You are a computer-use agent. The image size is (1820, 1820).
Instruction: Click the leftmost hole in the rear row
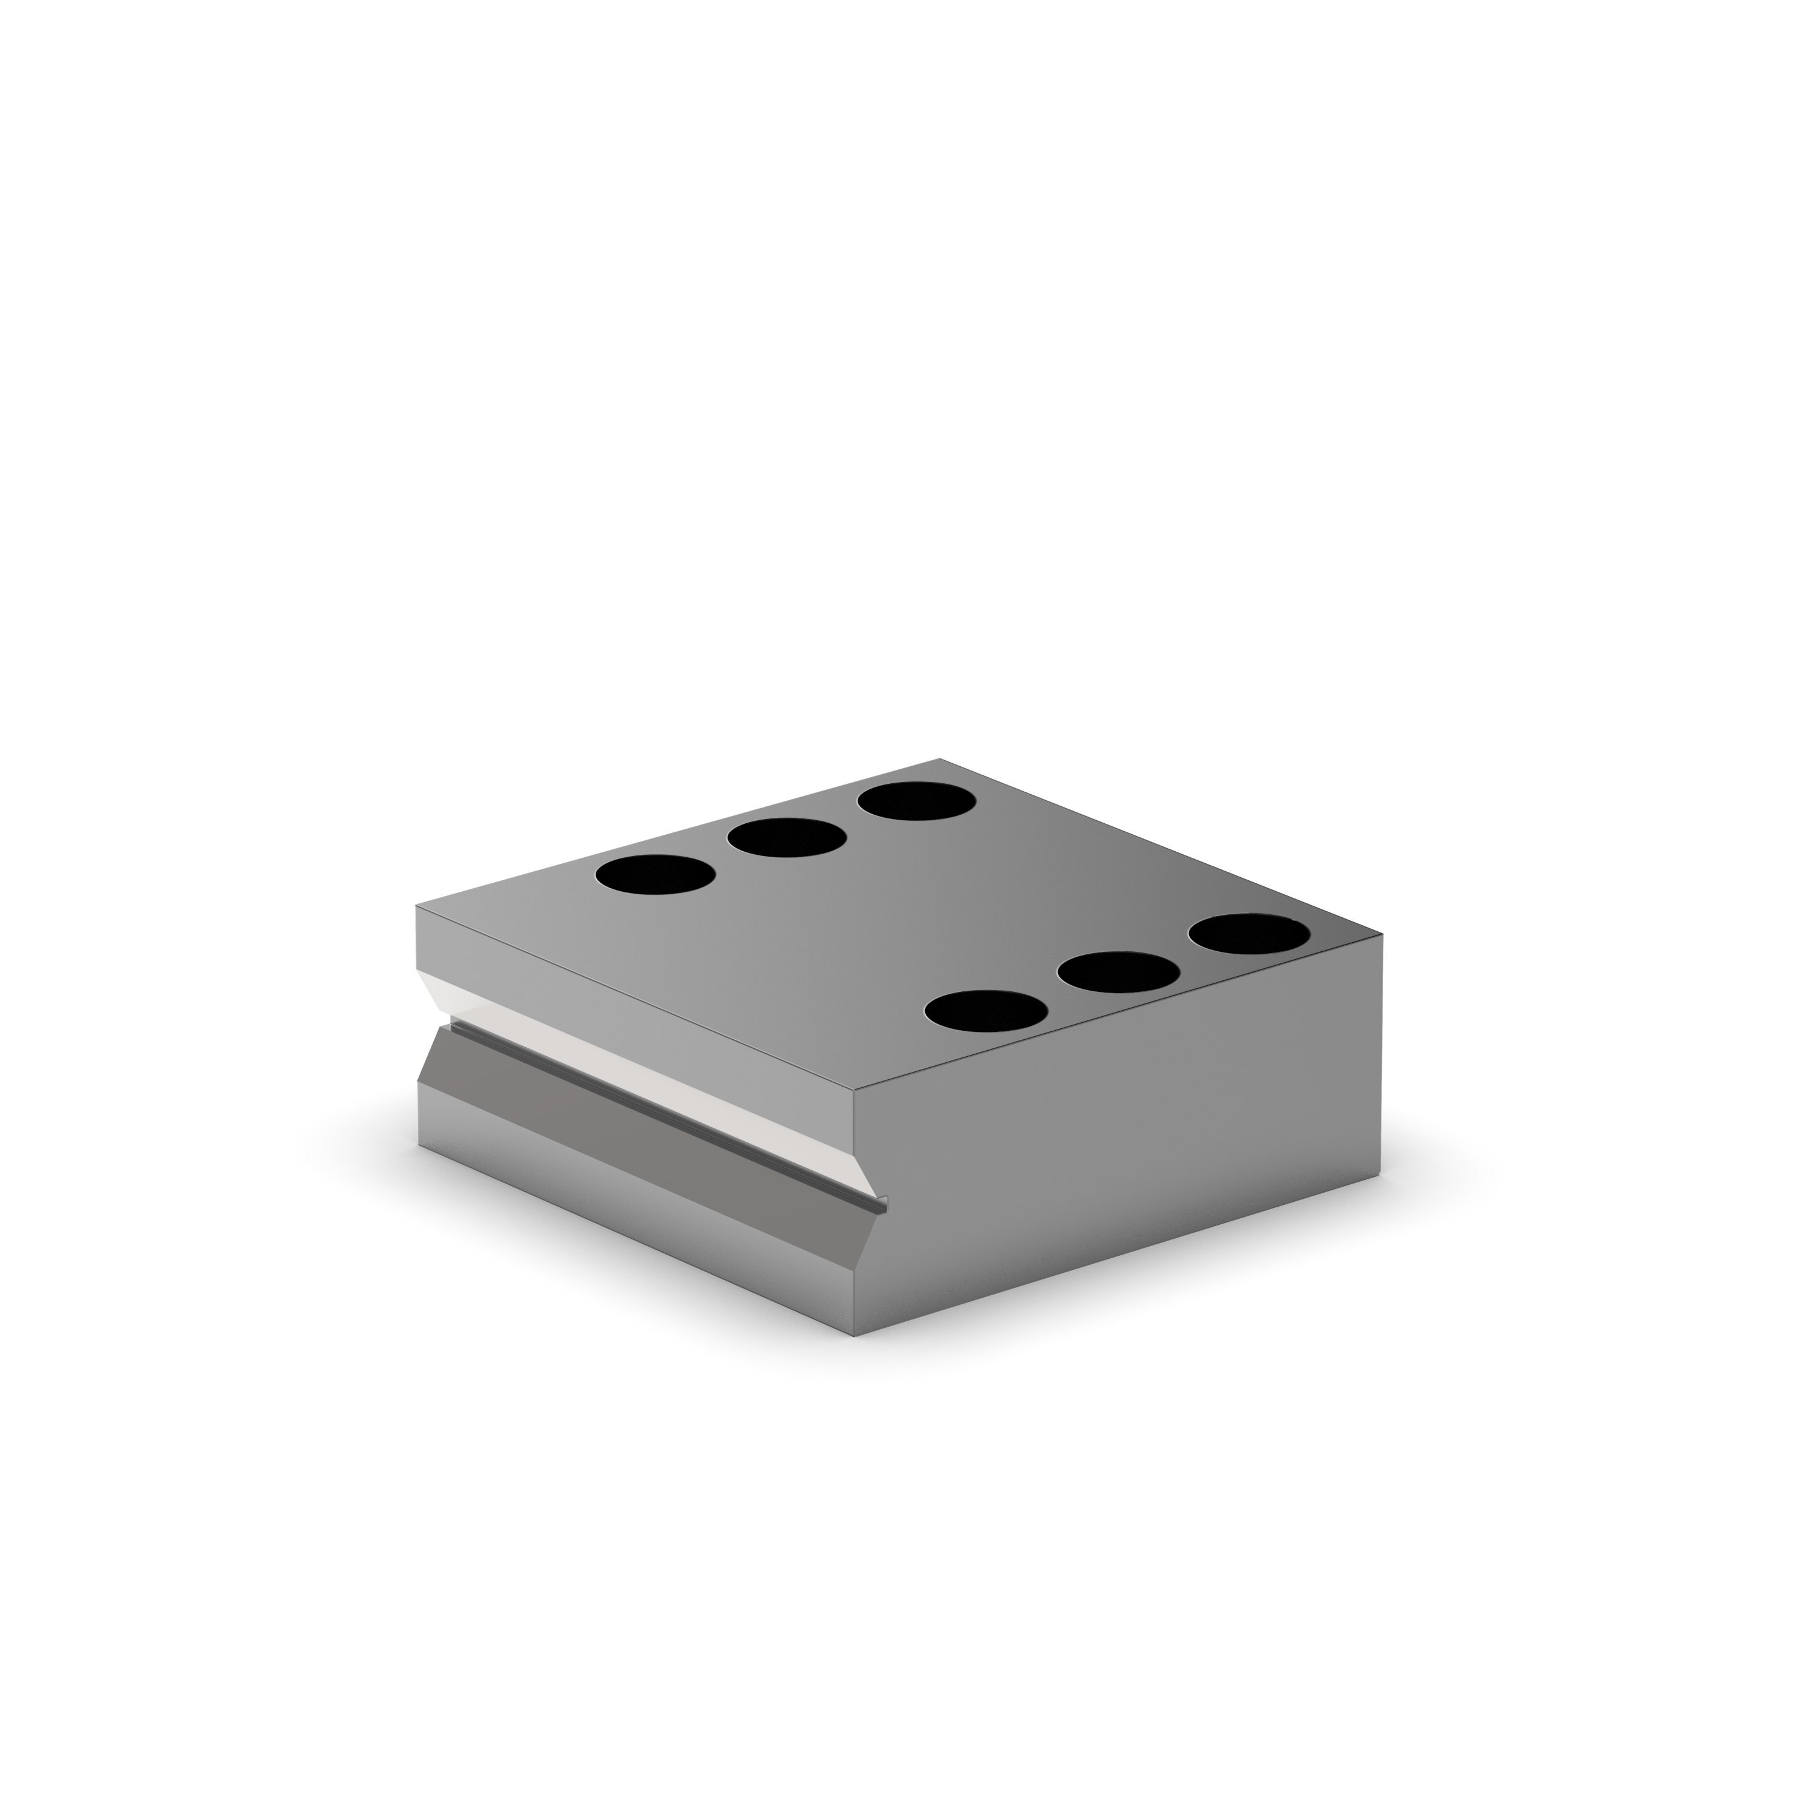click(655, 874)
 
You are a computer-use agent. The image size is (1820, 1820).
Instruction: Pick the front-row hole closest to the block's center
click(986, 1010)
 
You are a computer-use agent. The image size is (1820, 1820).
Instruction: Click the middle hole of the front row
click(1119, 971)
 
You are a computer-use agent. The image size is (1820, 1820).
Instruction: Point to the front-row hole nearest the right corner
click(1248, 932)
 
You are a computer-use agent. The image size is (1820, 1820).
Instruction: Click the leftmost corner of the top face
click(417, 905)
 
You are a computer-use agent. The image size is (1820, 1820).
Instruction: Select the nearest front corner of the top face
click(854, 1092)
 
